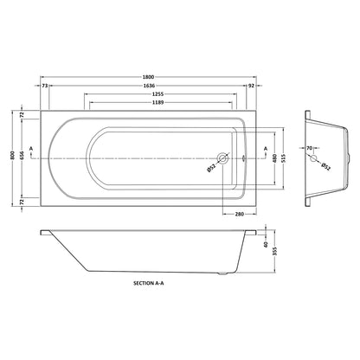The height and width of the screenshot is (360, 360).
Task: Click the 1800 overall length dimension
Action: coord(148,77)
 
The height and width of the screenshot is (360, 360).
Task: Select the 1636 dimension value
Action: coord(149,86)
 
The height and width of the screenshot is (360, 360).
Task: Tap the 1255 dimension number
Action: coord(157,94)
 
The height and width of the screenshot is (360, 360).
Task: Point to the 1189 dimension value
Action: coord(157,102)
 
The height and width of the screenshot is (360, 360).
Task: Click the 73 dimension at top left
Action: coord(45,86)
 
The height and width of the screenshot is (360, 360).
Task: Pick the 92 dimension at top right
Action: coord(251,86)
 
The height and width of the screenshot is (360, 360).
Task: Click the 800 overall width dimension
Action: coord(12,157)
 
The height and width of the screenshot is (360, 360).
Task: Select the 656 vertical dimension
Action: coord(22,157)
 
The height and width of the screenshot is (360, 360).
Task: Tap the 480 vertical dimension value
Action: coord(274,158)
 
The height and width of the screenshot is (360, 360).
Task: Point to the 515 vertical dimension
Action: coord(284,158)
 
